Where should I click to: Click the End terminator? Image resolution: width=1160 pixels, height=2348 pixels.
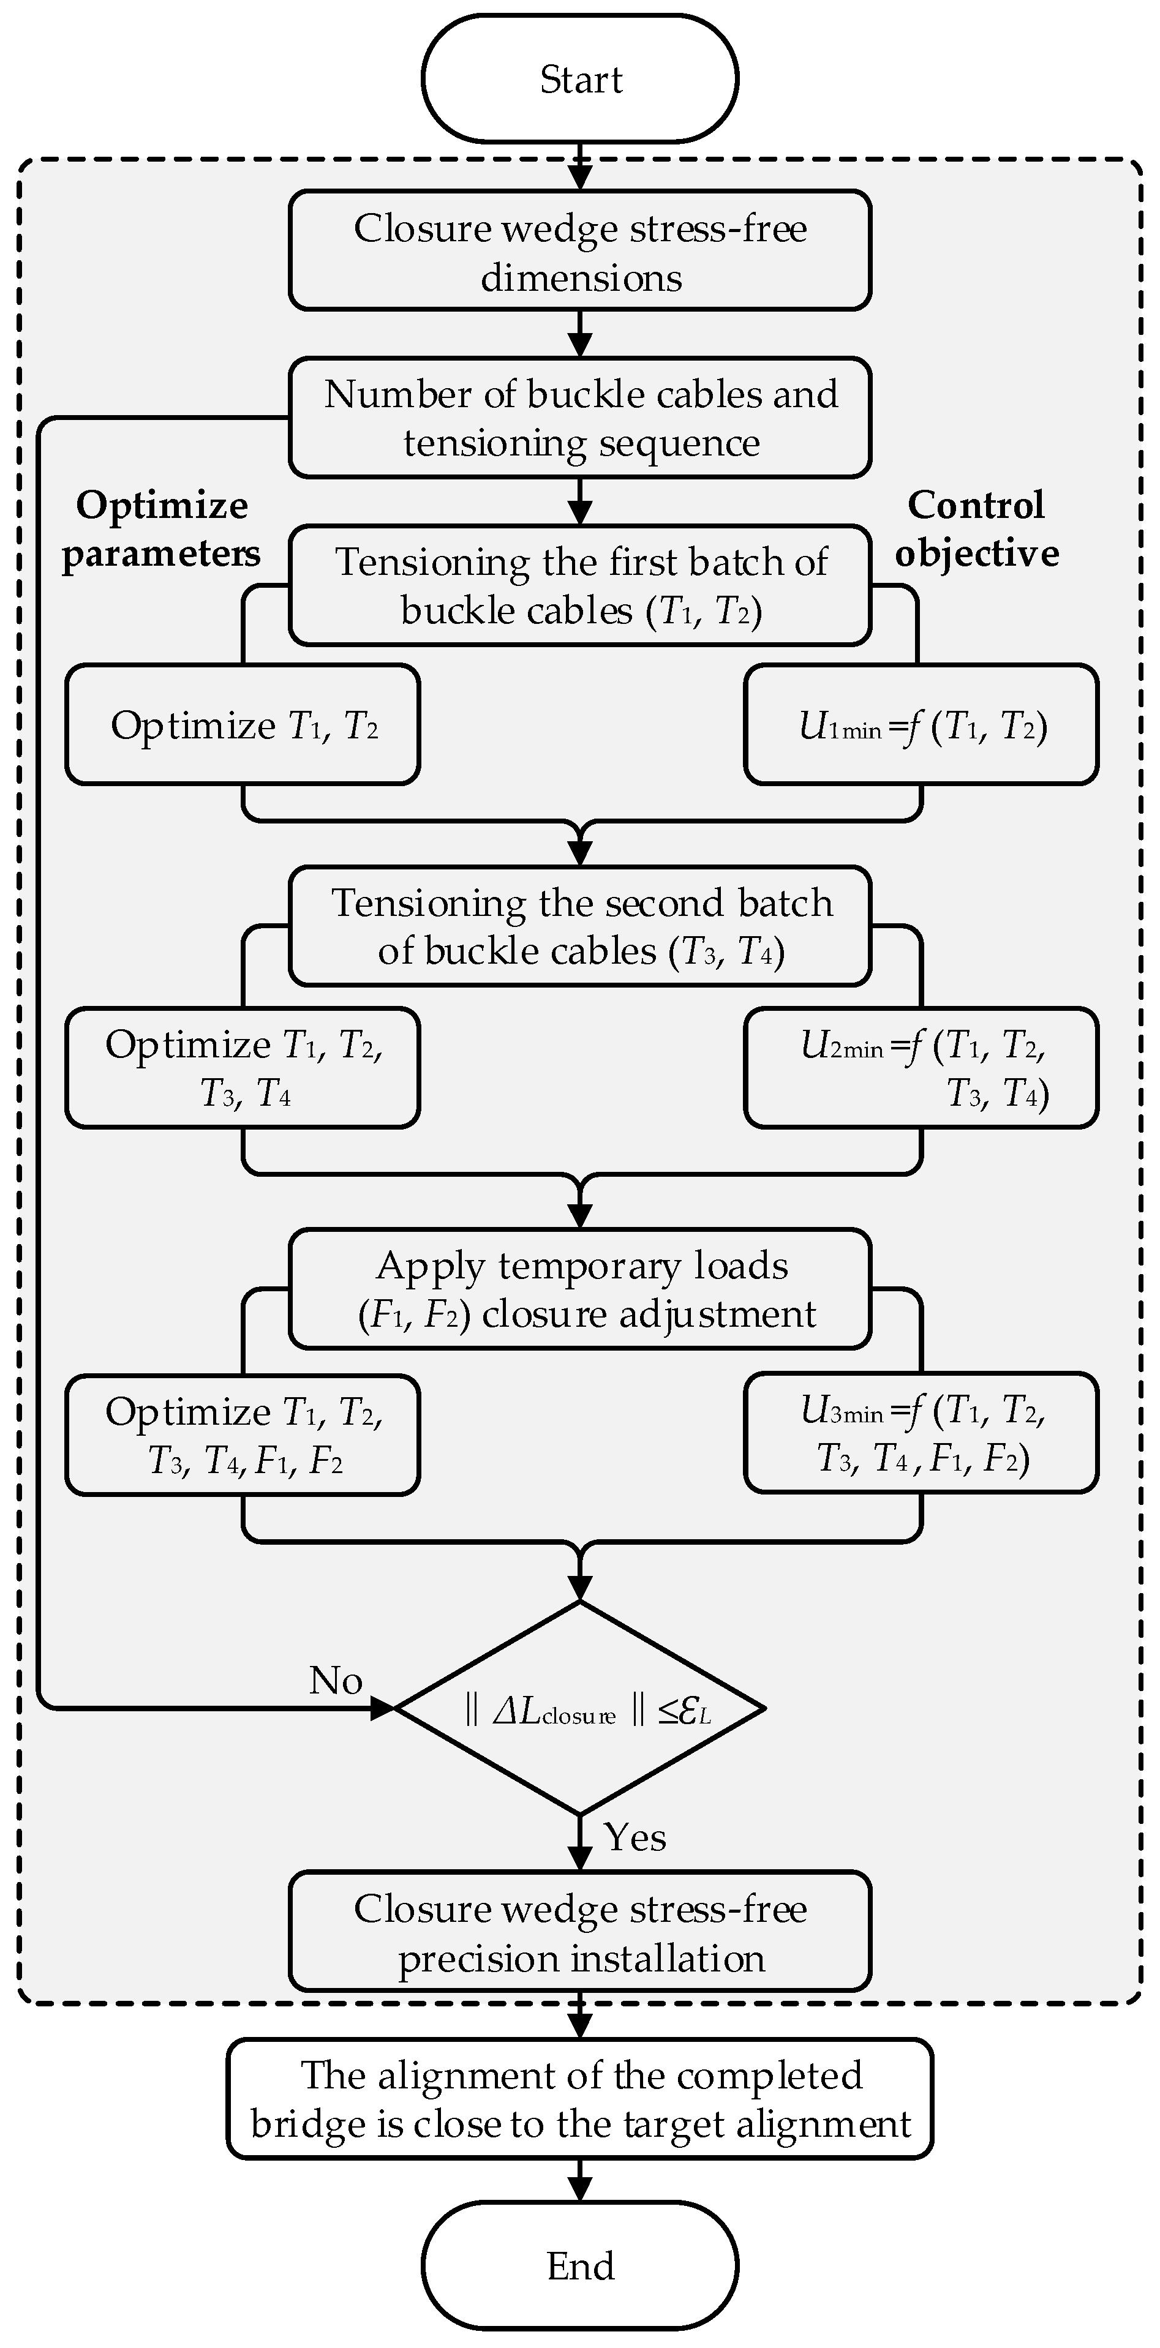(x=579, y=2265)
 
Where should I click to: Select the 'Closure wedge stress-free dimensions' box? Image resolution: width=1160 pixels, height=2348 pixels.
(x=579, y=250)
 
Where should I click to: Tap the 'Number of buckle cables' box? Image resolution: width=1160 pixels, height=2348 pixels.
(x=579, y=418)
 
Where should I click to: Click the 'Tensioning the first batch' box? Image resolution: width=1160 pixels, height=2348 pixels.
(x=579, y=585)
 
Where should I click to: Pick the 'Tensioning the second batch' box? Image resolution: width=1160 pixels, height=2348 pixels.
(x=579, y=926)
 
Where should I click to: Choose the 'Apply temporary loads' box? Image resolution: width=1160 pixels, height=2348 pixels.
(x=579, y=1289)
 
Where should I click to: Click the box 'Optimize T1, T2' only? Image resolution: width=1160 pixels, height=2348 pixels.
(x=243, y=726)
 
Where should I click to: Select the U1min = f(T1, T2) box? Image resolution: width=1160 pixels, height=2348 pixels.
(x=921, y=726)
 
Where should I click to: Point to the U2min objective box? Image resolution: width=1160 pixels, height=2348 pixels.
(x=921, y=1067)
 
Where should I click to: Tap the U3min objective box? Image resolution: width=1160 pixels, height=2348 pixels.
(x=921, y=1433)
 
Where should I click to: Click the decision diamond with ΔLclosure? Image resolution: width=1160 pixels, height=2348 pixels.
(x=579, y=1708)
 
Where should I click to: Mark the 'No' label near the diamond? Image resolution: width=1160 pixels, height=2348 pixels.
(x=336, y=1681)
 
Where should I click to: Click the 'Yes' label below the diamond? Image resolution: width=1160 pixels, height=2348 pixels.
(x=635, y=1837)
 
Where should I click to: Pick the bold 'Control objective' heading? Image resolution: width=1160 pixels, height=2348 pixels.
(x=977, y=528)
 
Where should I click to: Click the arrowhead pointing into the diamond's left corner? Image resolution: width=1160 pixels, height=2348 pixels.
(x=383, y=1708)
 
